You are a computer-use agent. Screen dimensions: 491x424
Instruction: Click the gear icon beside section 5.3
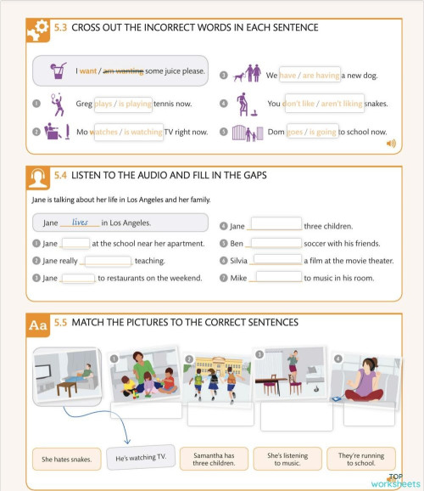coord(37,30)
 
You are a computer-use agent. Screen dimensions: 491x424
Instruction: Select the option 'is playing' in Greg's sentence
coord(135,104)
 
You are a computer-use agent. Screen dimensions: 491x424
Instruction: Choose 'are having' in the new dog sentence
coord(321,75)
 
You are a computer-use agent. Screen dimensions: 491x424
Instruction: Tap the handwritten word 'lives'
coord(81,223)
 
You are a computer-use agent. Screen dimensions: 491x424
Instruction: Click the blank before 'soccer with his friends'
coord(276,244)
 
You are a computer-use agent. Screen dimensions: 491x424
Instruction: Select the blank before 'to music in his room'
coord(278,278)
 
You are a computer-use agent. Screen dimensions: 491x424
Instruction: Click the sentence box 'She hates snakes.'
coord(66,460)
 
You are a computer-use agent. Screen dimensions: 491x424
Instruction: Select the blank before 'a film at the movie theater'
coord(277,261)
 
